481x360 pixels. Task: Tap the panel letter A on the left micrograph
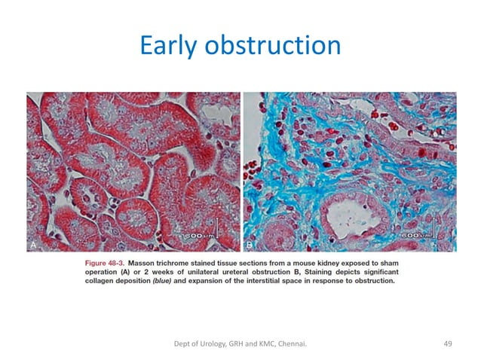pyautogui.click(x=32, y=246)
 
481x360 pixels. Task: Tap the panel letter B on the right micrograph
pyautogui.click(x=250, y=246)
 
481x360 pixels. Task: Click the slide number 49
pyautogui.click(x=447, y=344)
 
